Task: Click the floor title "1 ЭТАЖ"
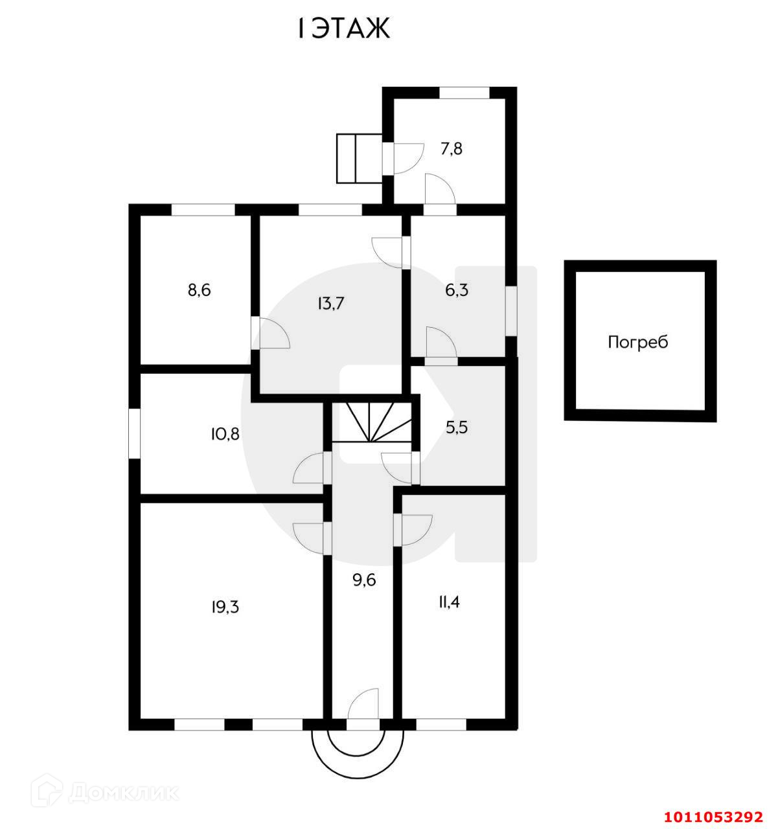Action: tap(343, 28)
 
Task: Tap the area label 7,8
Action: tap(451, 148)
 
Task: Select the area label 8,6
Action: tap(199, 290)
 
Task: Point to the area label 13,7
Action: tap(330, 302)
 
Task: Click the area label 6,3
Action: tap(456, 290)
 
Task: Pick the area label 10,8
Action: tap(225, 433)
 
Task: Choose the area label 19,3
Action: tap(224, 607)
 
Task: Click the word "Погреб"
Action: tap(637, 342)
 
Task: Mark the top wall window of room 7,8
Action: tap(464, 93)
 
